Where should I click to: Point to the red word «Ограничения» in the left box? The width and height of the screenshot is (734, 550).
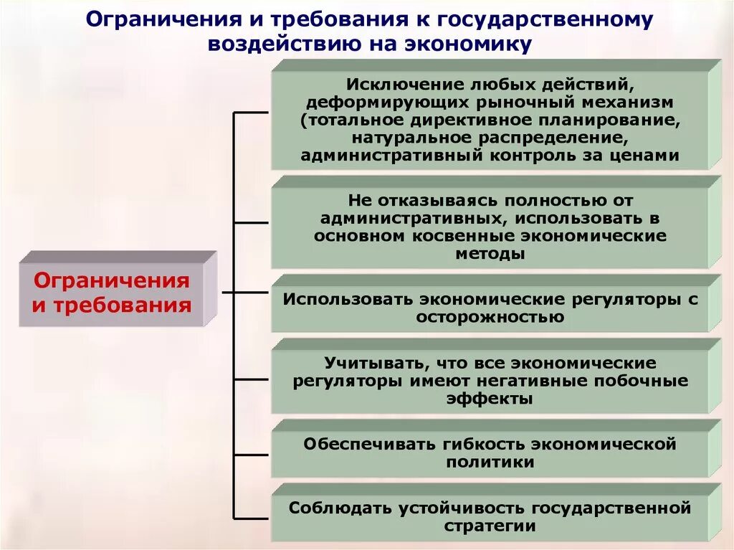pos(112,280)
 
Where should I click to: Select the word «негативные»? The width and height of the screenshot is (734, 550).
pos(539,381)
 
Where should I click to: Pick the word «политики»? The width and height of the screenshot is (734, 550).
pos(490,462)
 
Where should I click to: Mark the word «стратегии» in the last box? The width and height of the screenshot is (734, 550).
pos(490,526)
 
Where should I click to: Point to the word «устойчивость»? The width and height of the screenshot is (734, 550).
pos(456,508)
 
